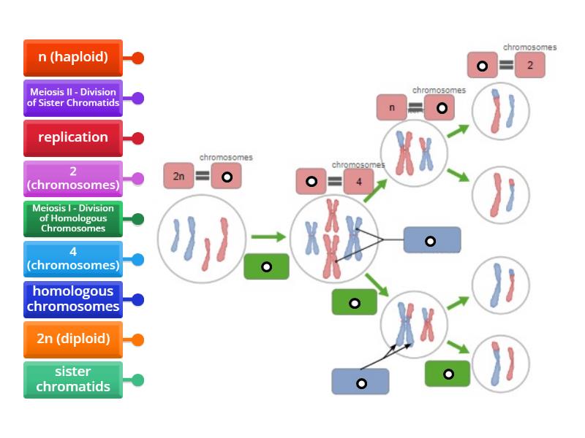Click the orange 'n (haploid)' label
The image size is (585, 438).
(73, 57)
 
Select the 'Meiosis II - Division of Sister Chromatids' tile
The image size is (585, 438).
(73, 97)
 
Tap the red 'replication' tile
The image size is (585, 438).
(73, 137)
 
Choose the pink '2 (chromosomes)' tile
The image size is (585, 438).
(73, 178)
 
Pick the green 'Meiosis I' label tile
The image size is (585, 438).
(73, 218)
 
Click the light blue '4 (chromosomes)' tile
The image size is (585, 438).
(73, 258)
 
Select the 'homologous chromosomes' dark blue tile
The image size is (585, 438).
(73, 299)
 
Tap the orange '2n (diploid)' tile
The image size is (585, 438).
(73, 339)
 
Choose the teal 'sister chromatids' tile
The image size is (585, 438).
(73, 380)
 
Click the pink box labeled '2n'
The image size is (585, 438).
(179, 176)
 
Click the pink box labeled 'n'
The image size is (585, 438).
(392, 108)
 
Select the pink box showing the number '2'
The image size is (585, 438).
(530, 66)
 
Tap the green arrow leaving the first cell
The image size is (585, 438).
(267, 237)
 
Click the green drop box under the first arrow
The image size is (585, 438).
(266, 266)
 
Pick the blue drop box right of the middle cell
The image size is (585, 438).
(431, 240)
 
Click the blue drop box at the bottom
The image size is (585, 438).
(361, 382)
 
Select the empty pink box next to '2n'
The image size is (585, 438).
(227, 176)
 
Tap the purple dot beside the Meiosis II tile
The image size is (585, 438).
(137, 98)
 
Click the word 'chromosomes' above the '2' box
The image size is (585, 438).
(529, 47)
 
